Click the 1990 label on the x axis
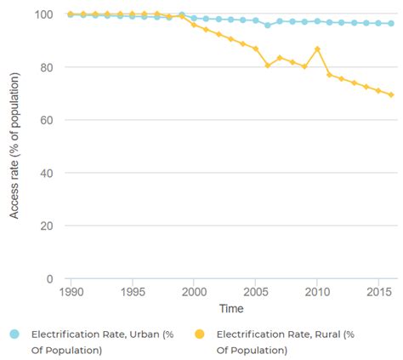[71, 292]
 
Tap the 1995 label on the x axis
[132, 292]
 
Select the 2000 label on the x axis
[194, 292]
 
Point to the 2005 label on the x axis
[256, 292]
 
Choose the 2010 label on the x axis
[317, 292]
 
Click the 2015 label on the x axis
[378, 292]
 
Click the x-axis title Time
[230, 307]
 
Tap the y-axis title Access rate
[14, 146]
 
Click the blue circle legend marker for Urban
[13, 334]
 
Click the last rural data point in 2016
[391, 94]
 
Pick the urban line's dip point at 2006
[268, 26]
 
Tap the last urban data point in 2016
[391, 24]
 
